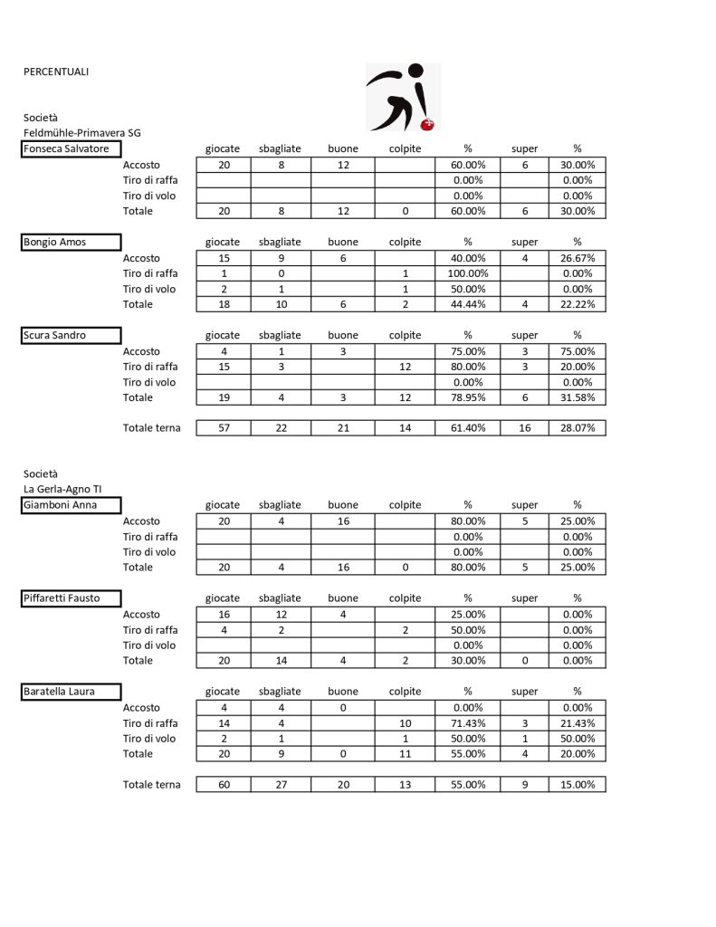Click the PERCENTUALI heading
pyautogui.click(x=56, y=72)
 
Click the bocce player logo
pyautogui.click(x=403, y=97)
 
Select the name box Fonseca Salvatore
pyautogui.click(x=71, y=149)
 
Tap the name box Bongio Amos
pyautogui.click(x=71, y=243)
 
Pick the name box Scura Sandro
pyautogui.click(x=71, y=336)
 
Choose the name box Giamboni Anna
pyautogui.click(x=71, y=505)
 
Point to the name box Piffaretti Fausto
pyautogui.click(x=71, y=598)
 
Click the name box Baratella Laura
pyautogui.click(x=71, y=692)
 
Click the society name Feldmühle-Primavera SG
pyautogui.click(x=82, y=133)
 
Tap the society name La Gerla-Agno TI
pyautogui.click(x=62, y=489)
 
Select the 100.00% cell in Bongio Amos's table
pyautogui.click(x=468, y=273)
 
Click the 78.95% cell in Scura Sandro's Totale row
pyautogui.click(x=468, y=397)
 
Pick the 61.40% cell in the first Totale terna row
pyautogui.click(x=468, y=428)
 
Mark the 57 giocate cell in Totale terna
pyautogui.click(x=223, y=428)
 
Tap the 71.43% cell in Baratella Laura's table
pyautogui.click(x=468, y=723)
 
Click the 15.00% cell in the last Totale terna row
pyautogui.click(x=578, y=785)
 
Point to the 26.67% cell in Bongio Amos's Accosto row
pyautogui.click(x=578, y=258)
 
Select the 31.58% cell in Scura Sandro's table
pyautogui.click(x=578, y=397)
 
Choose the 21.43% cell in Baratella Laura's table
pyautogui.click(x=578, y=723)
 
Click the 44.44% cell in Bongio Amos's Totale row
pyautogui.click(x=468, y=304)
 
